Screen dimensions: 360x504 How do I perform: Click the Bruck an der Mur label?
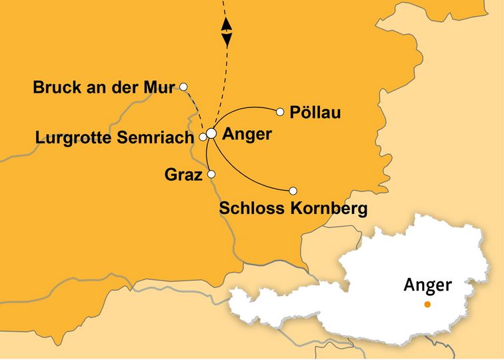pyautogui.click(x=103, y=87)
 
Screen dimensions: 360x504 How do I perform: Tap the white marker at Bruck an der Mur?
pyautogui.click(x=183, y=86)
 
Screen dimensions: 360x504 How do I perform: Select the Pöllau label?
pyautogui.click(x=317, y=113)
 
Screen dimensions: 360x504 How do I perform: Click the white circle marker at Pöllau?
pyautogui.click(x=281, y=111)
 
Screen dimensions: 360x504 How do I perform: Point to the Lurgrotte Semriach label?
pyautogui.click(x=115, y=137)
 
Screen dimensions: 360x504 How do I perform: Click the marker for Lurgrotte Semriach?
pyautogui.click(x=203, y=137)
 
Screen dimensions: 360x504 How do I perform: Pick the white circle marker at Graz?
pyautogui.click(x=211, y=174)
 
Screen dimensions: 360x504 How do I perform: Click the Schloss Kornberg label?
pyautogui.click(x=293, y=209)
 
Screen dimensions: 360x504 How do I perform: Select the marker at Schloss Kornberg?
pyautogui.click(x=293, y=190)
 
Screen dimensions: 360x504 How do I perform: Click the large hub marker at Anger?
pyautogui.click(x=211, y=133)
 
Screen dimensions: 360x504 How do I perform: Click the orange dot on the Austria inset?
pyautogui.click(x=427, y=305)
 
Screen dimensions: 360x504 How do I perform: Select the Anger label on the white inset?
pyautogui.click(x=427, y=285)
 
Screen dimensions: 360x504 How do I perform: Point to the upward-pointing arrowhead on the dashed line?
pyautogui.click(x=227, y=24)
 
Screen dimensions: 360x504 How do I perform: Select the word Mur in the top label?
pyautogui.click(x=161, y=87)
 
